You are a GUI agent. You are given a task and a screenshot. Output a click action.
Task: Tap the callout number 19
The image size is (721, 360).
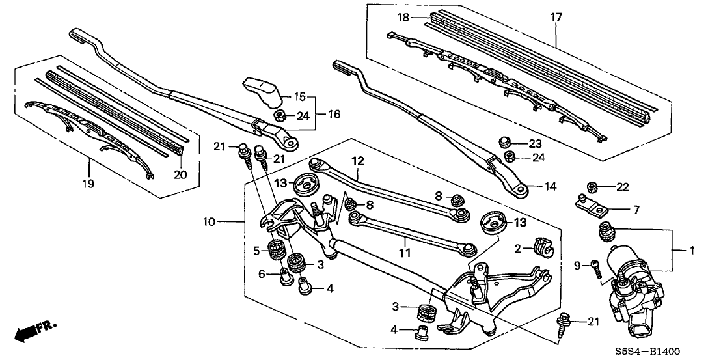point(88,184)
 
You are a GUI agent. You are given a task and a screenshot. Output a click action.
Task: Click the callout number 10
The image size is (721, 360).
point(208,223)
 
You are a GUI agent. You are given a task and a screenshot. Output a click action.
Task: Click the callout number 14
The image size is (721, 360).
point(551,187)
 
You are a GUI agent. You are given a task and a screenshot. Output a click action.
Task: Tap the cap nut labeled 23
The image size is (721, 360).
point(504,141)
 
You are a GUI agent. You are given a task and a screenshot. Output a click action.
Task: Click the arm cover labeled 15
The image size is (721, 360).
point(264,89)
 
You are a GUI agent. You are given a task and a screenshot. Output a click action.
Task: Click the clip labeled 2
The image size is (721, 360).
point(541,247)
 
